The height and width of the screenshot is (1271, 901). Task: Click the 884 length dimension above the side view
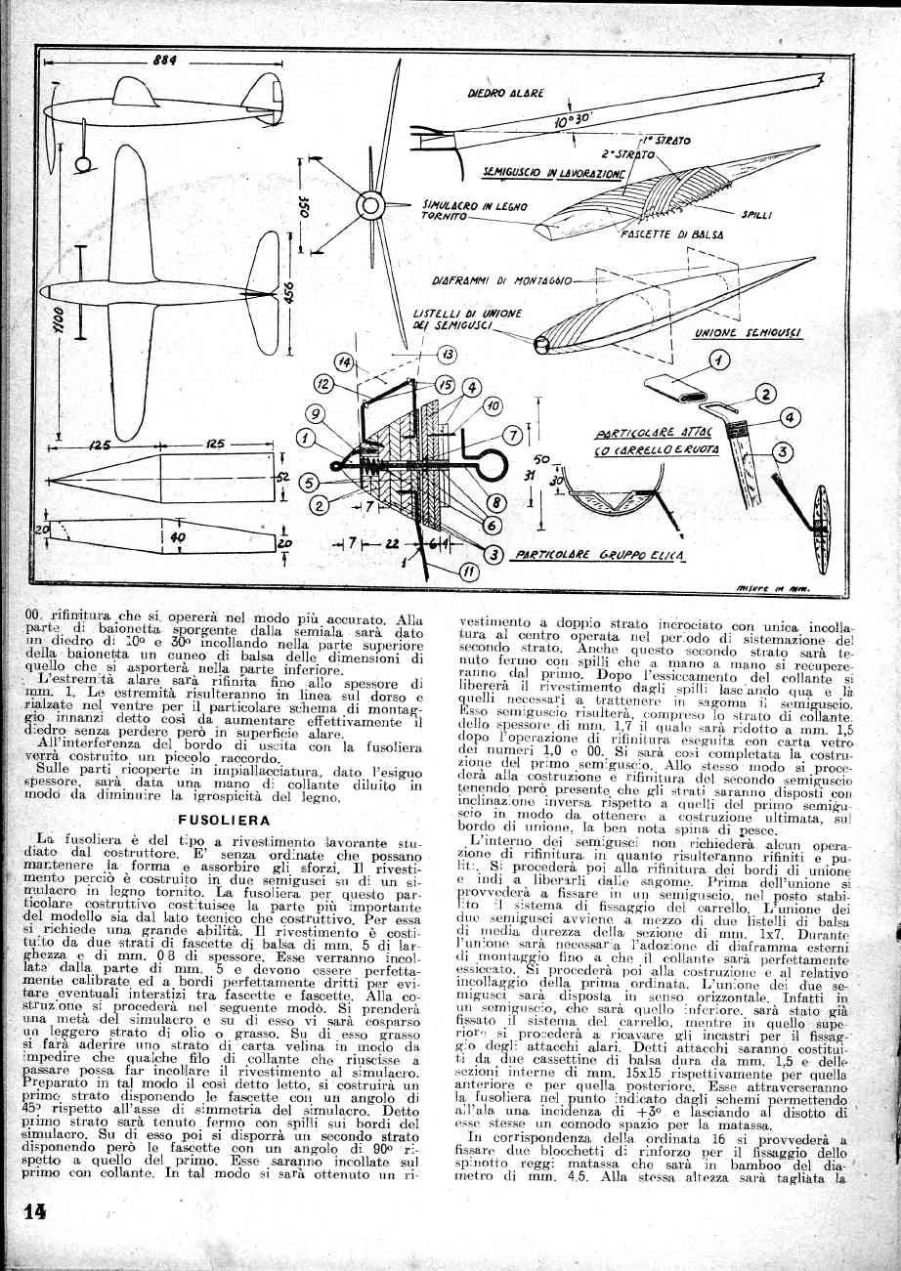(x=164, y=61)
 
